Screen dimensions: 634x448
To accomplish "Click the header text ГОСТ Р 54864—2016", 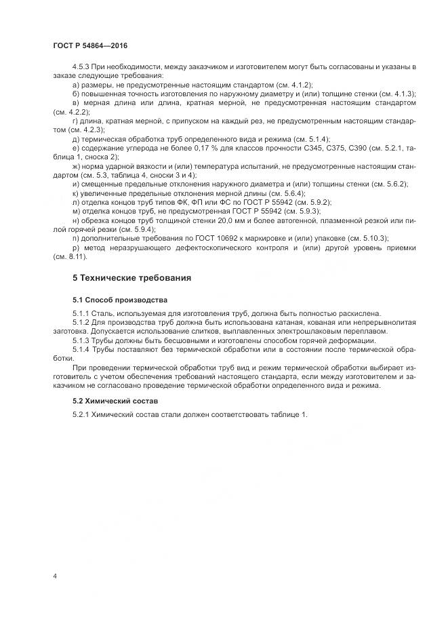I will point(90,45).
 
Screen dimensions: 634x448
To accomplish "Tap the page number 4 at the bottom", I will point(55,576).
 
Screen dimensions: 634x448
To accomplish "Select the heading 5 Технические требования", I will point(131,278).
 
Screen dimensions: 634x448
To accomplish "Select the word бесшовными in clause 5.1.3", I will point(157,340).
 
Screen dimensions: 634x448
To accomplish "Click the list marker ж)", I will point(75,165).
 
